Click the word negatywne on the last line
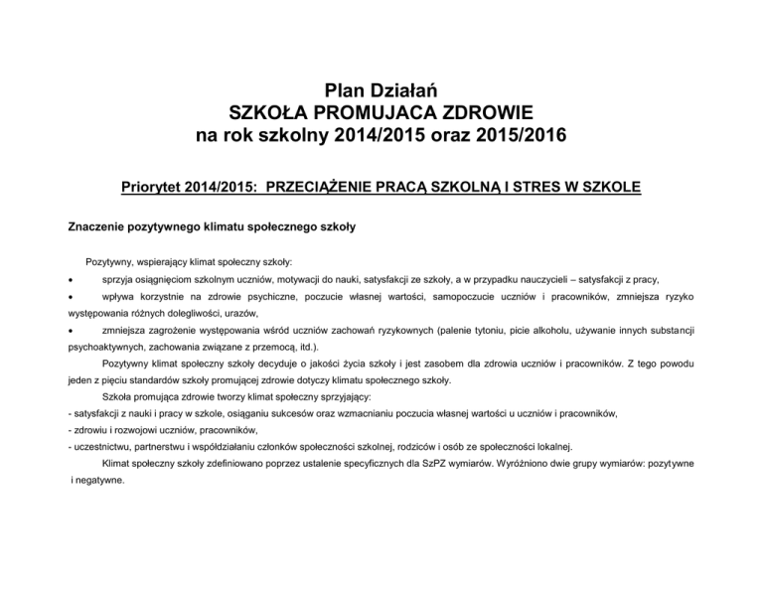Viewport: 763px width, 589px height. (x=100, y=479)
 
